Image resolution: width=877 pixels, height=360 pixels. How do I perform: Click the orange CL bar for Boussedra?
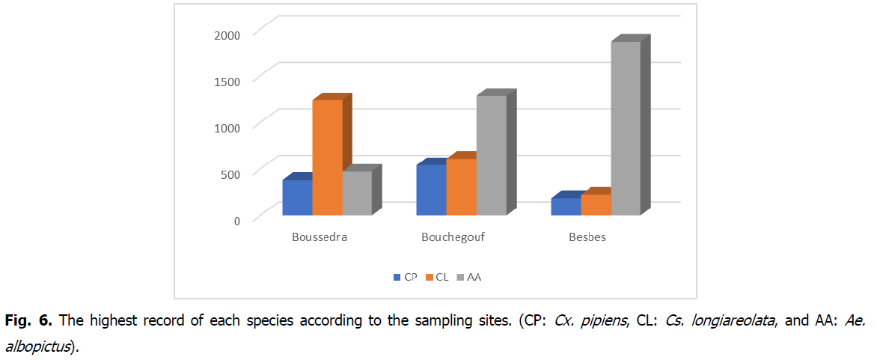(327, 157)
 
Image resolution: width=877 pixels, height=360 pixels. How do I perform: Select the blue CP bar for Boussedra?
(297, 198)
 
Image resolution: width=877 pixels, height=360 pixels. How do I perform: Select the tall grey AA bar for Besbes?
(626, 128)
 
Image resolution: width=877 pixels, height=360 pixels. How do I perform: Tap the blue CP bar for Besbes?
(566, 207)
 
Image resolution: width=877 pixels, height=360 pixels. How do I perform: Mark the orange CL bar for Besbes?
(596, 204)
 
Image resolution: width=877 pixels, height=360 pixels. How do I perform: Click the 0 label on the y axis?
(236, 220)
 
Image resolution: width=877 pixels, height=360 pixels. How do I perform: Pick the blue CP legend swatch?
(397, 278)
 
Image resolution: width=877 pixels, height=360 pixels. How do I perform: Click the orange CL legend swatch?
(430, 278)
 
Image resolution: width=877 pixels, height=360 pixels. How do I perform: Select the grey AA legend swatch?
(461, 278)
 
